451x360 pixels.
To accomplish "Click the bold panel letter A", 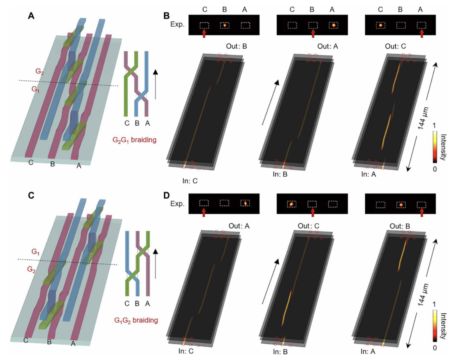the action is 31,16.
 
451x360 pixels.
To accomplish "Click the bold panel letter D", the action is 166,195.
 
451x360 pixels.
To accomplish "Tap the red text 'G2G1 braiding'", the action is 134,140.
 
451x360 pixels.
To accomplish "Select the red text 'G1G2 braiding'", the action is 136,320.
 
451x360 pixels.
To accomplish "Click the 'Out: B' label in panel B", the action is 236,46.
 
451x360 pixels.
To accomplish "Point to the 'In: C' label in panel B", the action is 190,181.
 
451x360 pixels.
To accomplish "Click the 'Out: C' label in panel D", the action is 308,226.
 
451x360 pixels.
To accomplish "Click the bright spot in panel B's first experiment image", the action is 225,25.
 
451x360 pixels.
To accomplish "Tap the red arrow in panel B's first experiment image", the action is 204,33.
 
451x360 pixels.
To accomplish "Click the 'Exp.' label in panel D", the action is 177,204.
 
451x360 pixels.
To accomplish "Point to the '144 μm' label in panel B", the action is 423,118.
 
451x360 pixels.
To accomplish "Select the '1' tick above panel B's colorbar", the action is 434,126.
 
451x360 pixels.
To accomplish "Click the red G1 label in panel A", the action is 35,89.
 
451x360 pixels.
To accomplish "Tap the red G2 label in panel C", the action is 31,269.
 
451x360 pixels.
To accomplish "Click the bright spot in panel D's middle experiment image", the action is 291,204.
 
